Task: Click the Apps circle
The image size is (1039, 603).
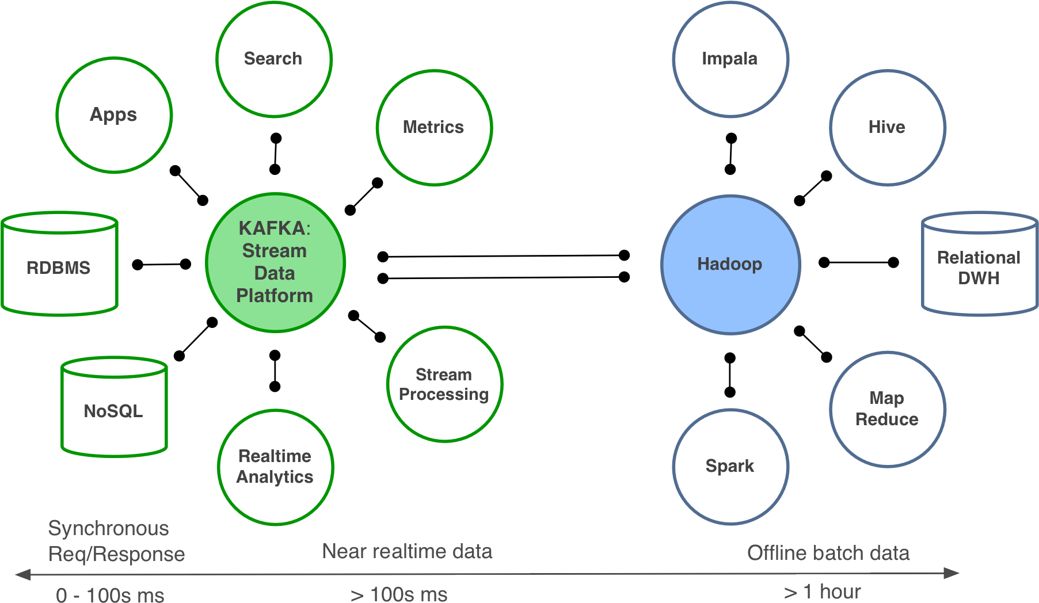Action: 114,115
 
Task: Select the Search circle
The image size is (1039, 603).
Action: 274,59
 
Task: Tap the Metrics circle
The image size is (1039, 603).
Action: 434,128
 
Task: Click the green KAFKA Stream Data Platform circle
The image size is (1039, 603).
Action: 275,262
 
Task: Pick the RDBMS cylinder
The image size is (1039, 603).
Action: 59,268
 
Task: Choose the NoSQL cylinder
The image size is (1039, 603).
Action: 114,410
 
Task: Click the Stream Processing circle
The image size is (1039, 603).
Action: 444,384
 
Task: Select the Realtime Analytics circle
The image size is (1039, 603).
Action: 275,467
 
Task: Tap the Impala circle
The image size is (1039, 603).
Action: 730,59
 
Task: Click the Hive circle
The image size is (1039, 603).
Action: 887,128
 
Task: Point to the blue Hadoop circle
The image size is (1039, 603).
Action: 730,264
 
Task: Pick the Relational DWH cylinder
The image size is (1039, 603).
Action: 979,268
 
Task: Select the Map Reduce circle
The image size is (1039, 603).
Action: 887,409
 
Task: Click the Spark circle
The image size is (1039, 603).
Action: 730,466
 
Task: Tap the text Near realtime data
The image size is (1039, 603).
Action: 407,551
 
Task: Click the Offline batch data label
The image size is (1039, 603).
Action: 828,553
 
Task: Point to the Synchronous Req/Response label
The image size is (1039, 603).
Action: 116,541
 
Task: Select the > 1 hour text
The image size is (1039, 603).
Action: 823,591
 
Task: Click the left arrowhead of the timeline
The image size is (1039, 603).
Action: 22,574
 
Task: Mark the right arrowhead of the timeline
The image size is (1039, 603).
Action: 952,573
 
